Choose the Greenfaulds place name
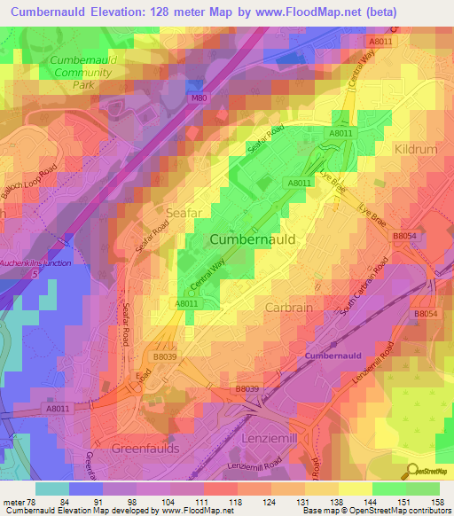tap(145, 449)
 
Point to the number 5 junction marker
tap(35, 274)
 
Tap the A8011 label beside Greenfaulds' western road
tap(58, 409)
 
